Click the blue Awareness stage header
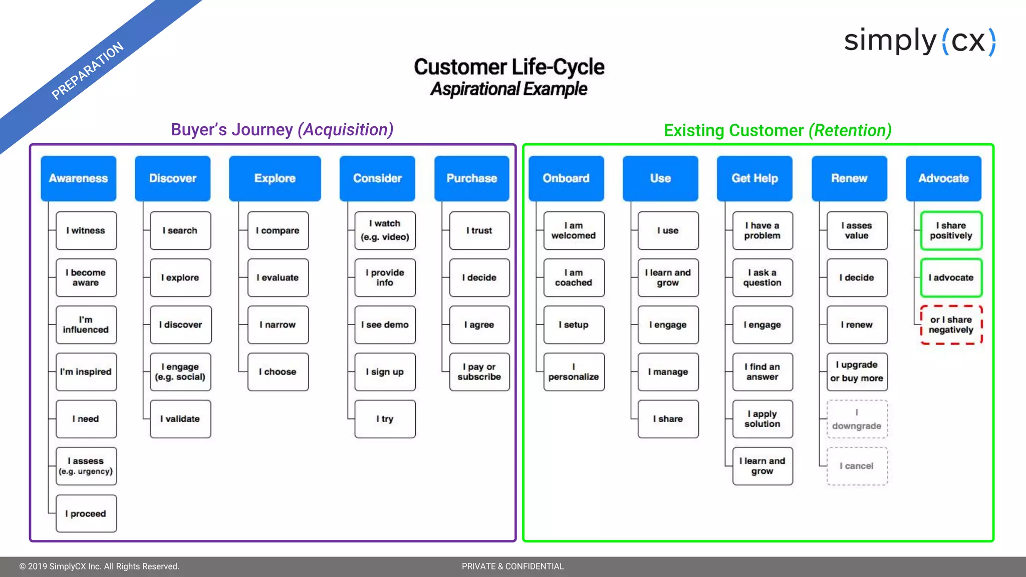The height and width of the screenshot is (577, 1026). (x=78, y=178)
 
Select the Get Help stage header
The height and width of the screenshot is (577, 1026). (x=754, y=178)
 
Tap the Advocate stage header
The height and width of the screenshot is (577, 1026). (x=943, y=178)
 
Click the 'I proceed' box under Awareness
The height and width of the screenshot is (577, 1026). (x=86, y=513)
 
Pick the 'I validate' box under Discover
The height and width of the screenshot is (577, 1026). (x=180, y=419)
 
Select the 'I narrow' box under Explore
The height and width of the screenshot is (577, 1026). (x=278, y=325)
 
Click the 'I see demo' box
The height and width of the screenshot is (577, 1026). (x=385, y=325)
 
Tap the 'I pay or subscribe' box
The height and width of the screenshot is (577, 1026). (x=479, y=372)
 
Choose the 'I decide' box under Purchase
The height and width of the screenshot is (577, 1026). (x=479, y=277)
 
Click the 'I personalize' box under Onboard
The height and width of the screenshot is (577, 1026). (x=574, y=372)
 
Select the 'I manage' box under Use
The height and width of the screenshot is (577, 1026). (x=668, y=372)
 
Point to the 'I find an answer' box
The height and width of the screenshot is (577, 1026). (x=762, y=372)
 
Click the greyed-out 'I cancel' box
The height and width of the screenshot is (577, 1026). (x=857, y=466)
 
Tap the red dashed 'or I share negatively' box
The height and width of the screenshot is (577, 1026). (x=951, y=325)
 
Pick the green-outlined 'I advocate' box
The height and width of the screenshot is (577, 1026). (x=951, y=277)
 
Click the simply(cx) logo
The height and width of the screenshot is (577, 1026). (x=920, y=41)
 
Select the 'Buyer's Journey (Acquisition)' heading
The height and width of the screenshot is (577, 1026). (x=282, y=130)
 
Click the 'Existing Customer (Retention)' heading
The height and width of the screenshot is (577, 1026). (x=778, y=131)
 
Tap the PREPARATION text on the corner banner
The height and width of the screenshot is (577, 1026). (x=88, y=71)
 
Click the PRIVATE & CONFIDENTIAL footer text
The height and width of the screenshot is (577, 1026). (x=512, y=566)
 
